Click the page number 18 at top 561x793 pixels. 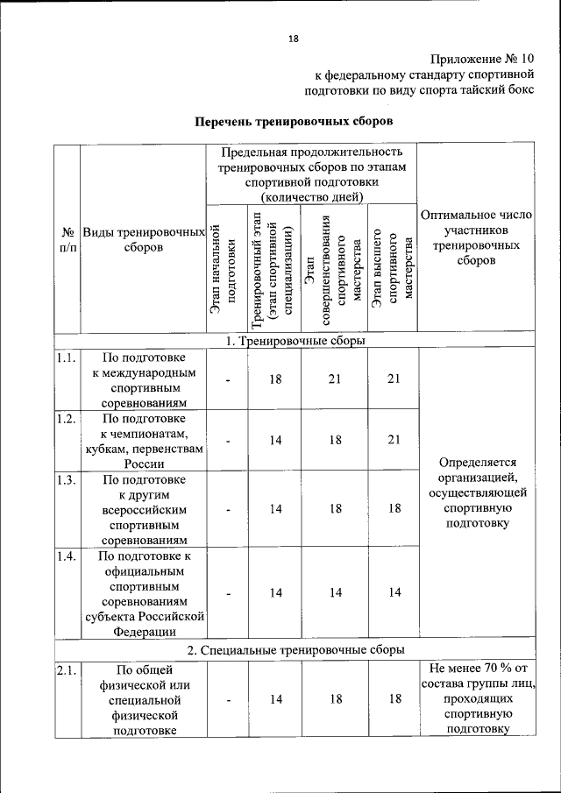coord(294,38)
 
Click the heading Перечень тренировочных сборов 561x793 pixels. coord(294,119)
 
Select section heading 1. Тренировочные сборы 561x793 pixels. coord(294,342)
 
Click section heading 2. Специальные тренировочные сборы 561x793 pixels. coord(294,650)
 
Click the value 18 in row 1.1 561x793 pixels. coord(275,379)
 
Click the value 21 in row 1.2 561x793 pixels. coord(394,441)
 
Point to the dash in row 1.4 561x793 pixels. coord(227,592)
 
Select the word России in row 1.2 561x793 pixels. coord(143,464)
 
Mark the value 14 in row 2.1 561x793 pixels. coord(275,699)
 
